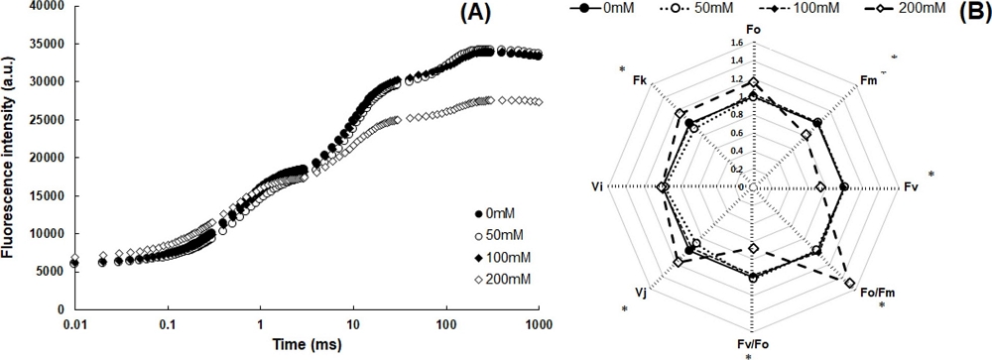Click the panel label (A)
pos(516,16)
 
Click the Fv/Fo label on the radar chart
pos(752,345)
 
